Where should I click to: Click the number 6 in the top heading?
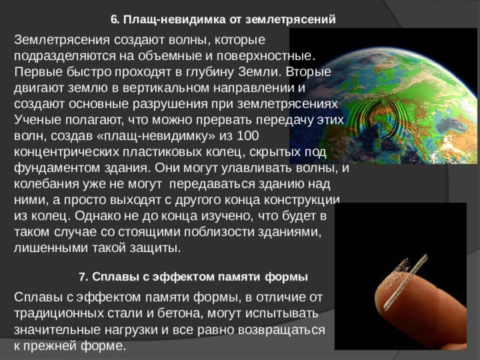click(x=113, y=19)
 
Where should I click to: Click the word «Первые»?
click(x=35, y=71)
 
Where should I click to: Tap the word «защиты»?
click(x=155, y=247)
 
